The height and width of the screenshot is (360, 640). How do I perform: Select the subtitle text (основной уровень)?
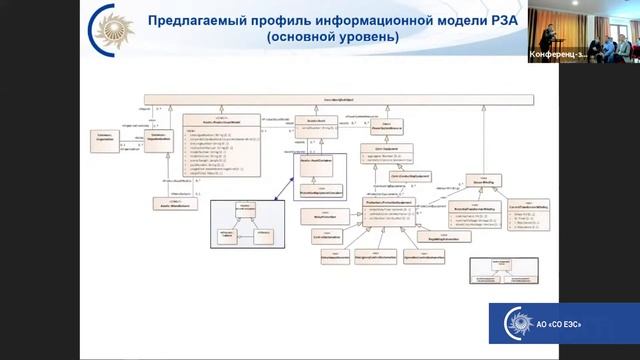coord(331,37)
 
